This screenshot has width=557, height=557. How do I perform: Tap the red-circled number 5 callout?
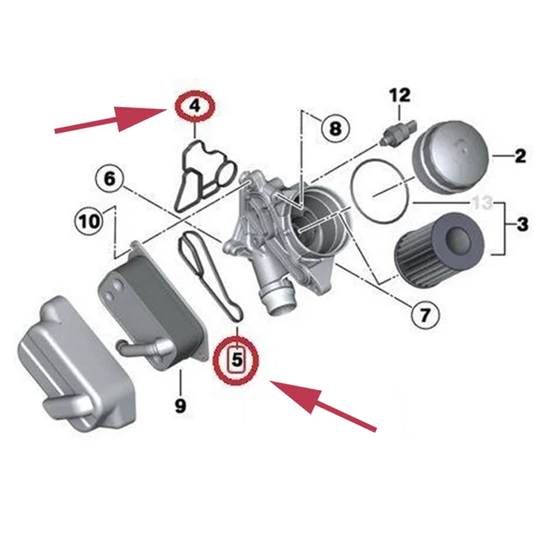(x=235, y=360)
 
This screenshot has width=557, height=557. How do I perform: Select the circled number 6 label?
(x=110, y=178)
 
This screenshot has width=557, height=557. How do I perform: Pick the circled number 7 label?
(x=425, y=315)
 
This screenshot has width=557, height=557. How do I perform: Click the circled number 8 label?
(x=336, y=128)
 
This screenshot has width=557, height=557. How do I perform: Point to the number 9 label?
(x=180, y=405)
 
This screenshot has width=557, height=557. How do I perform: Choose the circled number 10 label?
(x=89, y=221)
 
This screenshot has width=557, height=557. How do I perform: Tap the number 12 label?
(x=400, y=95)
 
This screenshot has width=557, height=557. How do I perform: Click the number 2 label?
(x=520, y=155)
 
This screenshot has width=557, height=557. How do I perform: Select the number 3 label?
(x=522, y=224)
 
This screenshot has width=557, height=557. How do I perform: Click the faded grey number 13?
(x=482, y=203)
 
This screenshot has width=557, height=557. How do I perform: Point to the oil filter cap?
(x=452, y=157)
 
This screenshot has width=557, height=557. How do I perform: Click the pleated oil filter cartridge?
(x=439, y=248)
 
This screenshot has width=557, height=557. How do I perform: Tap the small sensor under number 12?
(x=398, y=132)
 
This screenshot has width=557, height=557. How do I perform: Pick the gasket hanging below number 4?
(x=205, y=176)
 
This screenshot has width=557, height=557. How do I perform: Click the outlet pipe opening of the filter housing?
(x=279, y=302)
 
